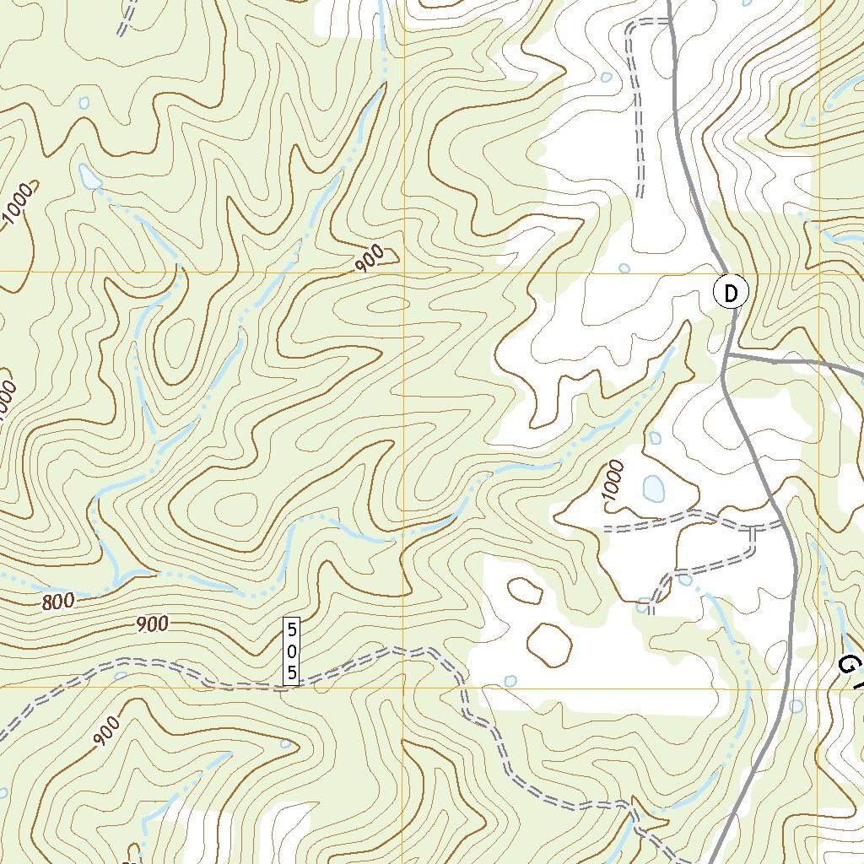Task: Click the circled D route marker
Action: tap(731, 293)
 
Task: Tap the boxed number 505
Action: tap(291, 651)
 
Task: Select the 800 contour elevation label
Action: tap(57, 601)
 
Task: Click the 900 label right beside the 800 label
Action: tap(152, 624)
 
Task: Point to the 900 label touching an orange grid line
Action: tap(370, 259)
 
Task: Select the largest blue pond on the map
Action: tap(653, 488)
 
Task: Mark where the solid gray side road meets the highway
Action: tap(726, 357)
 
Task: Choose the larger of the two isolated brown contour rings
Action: tap(549, 644)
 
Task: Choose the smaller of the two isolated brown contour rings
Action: tap(525, 590)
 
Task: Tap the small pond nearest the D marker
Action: tap(624, 268)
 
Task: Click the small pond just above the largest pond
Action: tap(655, 438)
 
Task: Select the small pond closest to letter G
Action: tap(796, 705)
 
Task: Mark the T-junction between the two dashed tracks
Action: tap(753, 529)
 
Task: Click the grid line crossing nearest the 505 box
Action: tap(402, 687)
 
